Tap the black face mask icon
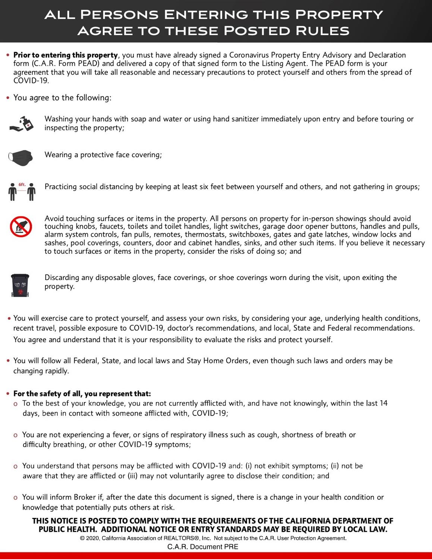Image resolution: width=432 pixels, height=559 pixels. pos(21,157)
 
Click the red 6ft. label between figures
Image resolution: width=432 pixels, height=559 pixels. pos(22,185)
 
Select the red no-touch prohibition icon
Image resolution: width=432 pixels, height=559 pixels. pos(21,226)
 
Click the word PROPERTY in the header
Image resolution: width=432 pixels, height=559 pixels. pos(339,15)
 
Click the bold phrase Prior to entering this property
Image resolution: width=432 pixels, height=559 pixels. pos(66,55)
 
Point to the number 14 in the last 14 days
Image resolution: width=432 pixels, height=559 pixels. pos(383,403)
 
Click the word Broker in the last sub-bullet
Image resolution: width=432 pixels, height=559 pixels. pos(85,497)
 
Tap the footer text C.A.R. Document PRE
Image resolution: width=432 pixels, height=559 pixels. pos(202,547)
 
